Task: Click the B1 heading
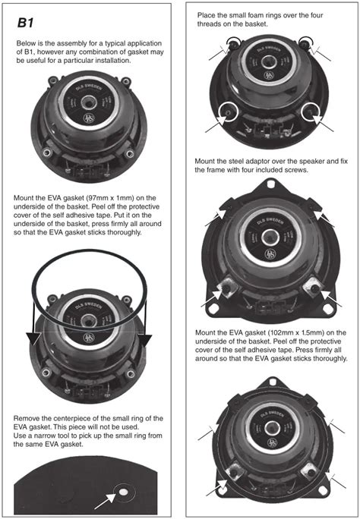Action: point(26,24)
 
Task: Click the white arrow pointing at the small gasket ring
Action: point(105,502)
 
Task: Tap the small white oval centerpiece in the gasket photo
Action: point(123,492)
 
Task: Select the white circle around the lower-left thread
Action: point(228,112)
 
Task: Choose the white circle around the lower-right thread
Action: point(311,112)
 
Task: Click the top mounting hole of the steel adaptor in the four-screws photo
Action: point(271,184)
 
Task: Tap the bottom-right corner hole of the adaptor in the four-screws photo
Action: point(328,309)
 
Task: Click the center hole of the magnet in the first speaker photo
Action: point(88,102)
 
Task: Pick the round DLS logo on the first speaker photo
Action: point(89,118)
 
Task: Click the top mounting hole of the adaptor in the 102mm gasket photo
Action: point(272,382)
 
